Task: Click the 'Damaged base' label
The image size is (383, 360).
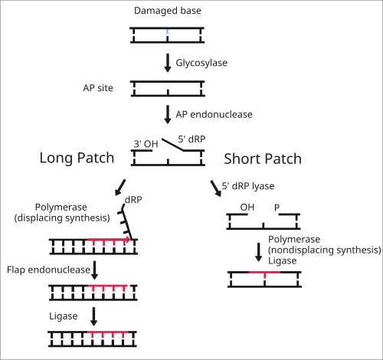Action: click(168, 11)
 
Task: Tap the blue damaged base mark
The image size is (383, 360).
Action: click(168, 32)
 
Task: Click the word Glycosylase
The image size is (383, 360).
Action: click(201, 63)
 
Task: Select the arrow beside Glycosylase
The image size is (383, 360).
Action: click(168, 63)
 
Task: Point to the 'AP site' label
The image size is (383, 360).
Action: click(98, 88)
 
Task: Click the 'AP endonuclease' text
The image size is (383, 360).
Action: click(214, 114)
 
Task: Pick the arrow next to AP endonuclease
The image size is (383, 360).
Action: click(168, 115)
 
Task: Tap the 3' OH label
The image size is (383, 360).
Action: click(146, 144)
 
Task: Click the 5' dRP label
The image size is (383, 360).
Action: click(191, 139)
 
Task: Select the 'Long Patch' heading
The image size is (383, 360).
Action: click(77, 158)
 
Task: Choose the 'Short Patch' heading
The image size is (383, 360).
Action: click(263, 159)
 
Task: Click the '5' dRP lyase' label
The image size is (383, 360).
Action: click(248, 186)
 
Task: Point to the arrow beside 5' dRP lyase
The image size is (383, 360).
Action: click(216, 188)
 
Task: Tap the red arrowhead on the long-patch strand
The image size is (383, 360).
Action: click(128, 240)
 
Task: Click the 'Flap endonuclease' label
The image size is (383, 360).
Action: click(48, 270)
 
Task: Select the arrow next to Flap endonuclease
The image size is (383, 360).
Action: click(94, 270)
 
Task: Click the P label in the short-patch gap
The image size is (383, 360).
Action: click(277, 208)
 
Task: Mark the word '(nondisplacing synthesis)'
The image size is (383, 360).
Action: click(325, 250)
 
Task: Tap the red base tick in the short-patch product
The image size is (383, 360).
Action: click(264, 276)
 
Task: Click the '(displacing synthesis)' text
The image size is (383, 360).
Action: click(62, 218)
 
